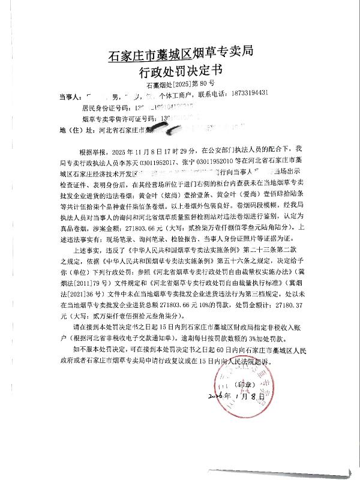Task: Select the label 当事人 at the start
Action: (70, 95)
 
